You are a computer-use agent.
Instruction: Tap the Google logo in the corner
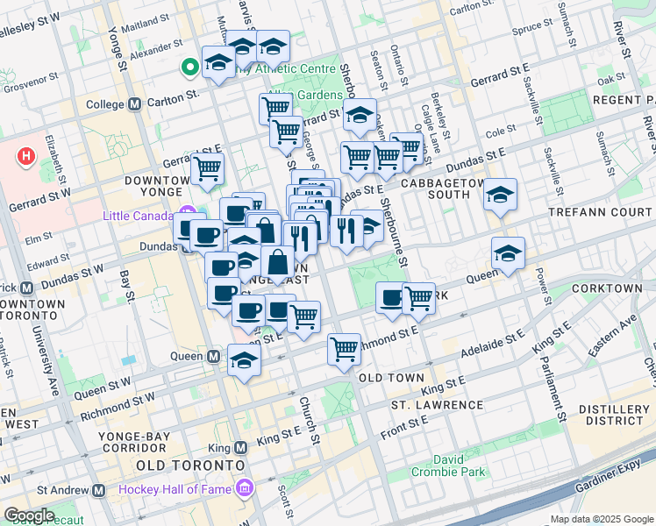pyautogui.click(x=28, y=515)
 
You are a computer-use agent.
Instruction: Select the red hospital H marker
pyautogui.click(x=27, y=157)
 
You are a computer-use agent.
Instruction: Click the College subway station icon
pyautogui.click(x=135, y=104)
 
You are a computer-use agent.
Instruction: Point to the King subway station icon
pyautogui.click(x=242, y=446)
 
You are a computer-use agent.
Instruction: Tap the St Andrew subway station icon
pyautogui.click(x=99, y=490)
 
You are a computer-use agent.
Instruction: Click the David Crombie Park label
pyautogui.click(x=460, y=466)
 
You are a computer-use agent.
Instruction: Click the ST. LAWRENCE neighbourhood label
pyautogui.click(x=437, y=405)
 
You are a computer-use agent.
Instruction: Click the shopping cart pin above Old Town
pyautogui.click(x=345, y=349)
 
